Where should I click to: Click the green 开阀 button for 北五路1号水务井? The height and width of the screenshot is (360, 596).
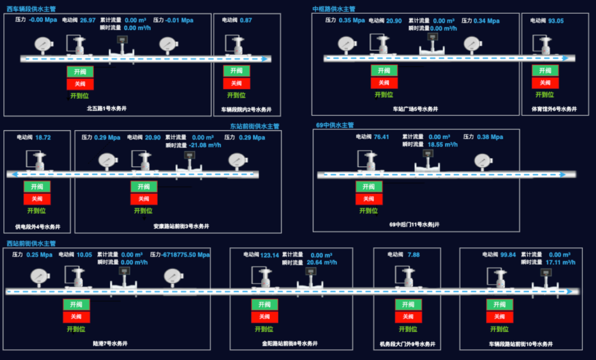[x=81, y=72]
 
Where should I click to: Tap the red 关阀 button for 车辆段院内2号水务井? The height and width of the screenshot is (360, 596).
[x=237, y=83]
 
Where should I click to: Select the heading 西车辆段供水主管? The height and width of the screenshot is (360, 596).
[x=31, y=9]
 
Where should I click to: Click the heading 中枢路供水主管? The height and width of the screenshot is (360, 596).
[x=334, y=9]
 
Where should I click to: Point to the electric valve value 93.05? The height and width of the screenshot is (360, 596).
[x=556, y=21]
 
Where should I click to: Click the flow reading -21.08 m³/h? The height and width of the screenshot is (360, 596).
[x=205, y=145]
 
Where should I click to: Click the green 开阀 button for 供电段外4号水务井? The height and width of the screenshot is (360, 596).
[x=37, y=187]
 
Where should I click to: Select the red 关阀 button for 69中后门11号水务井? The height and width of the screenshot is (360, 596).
[x=369, y=199]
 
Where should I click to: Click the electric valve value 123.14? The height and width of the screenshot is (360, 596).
[x=270, y=255]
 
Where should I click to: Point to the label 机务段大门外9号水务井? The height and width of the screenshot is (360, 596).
[x=408, y=344]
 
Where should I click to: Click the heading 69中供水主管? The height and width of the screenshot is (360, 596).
[x=335, y=125]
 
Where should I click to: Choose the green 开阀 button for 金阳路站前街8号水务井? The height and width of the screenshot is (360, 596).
[x=265, y=305]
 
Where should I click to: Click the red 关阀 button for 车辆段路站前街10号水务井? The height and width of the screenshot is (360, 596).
[x=499, y=317]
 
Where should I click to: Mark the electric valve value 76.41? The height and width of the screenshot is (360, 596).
[x=381, y=137]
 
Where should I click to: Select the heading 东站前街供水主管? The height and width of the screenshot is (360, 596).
[x=254, y=126]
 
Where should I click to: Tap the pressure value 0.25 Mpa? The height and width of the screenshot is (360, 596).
[x=39, y=255]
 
